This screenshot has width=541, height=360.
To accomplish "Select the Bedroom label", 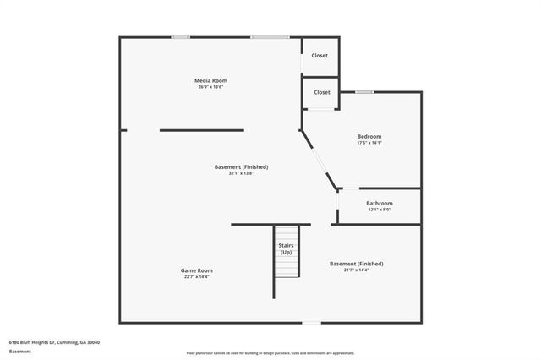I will click(369, 136).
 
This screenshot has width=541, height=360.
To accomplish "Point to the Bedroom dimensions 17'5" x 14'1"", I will click(369, 143).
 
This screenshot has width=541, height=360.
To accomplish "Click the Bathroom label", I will click(379, 203).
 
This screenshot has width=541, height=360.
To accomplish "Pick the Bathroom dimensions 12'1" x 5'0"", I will click(379, 210).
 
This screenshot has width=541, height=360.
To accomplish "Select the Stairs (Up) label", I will click(286, 248).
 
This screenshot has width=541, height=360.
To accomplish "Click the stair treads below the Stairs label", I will click(287, 267).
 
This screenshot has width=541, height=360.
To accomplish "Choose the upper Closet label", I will click(320, 56).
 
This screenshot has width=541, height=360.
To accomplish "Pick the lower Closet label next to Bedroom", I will click(322, 92).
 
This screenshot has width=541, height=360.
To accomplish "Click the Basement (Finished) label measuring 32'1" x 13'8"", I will click(241, 166).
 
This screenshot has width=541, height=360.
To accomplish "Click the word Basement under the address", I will click(19, 351).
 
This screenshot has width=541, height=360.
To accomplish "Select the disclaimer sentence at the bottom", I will click(270, 353).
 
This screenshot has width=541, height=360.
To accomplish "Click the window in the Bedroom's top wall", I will click(364, 91).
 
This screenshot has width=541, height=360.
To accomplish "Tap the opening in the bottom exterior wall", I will click(312, 322).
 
